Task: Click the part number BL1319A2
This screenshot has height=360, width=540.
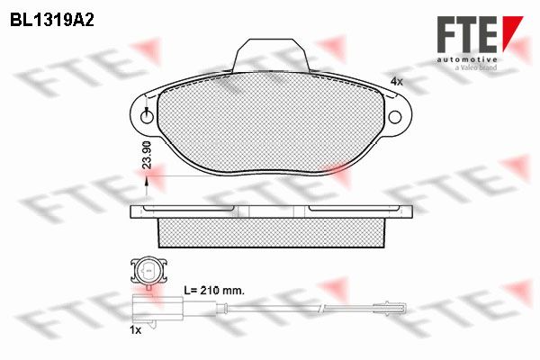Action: [x=52, y=20]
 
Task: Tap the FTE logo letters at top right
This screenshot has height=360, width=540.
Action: [x=467, y=34]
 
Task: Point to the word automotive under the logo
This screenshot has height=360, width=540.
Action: [x=467, y=59]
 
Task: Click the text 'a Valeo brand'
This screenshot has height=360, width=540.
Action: [x=476, y=67]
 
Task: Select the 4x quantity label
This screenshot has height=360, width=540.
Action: [x=396, y=82]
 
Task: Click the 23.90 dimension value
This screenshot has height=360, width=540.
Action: [x=147, y=154]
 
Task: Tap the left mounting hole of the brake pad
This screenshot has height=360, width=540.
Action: [x=147, y=117]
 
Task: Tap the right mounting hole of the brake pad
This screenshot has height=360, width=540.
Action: [x=395, y=117]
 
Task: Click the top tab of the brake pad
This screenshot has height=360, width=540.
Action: [x=271, y=55]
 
